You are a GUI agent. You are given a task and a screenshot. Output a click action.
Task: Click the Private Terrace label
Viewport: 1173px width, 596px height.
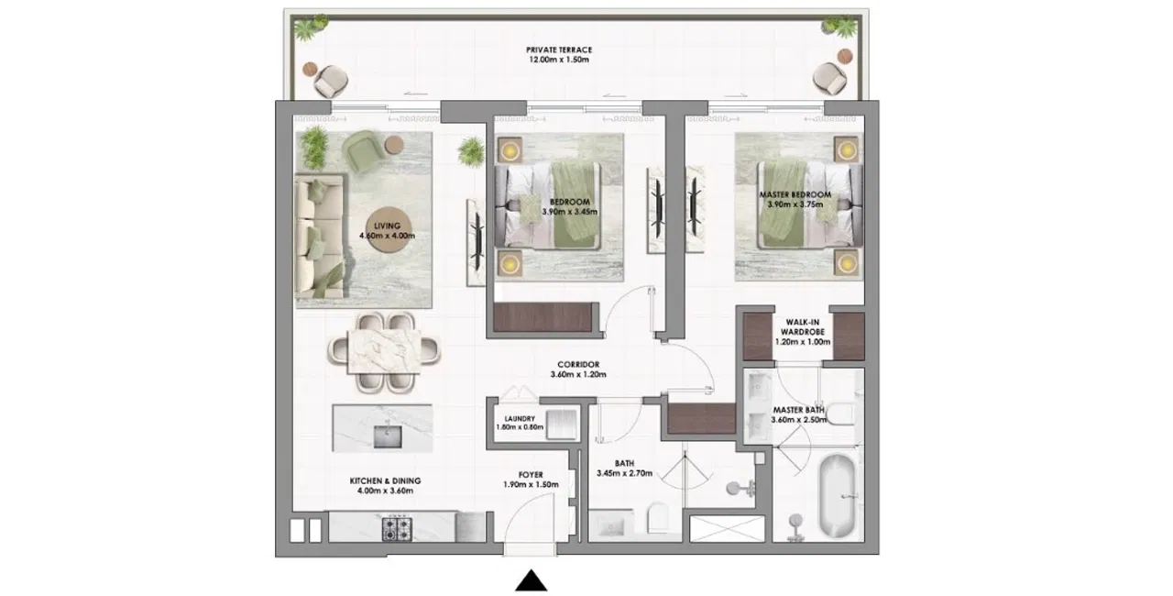coord(559,50)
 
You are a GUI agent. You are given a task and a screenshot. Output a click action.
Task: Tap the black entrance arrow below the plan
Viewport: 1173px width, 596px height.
coord(532,580)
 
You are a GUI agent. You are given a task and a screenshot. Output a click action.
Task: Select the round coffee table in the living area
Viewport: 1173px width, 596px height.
coord(388,231)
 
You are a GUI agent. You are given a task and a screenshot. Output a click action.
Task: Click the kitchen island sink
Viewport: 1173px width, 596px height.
coord(388,436)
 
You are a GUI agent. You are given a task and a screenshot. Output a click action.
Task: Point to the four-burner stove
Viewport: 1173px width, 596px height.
coord(397,528)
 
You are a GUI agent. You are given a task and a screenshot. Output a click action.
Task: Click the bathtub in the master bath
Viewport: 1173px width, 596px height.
coord(837,495)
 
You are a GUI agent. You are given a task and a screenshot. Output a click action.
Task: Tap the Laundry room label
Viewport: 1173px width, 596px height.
coord(520,418)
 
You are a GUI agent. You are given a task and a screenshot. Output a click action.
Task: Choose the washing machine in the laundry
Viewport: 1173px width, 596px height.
coord(561,425)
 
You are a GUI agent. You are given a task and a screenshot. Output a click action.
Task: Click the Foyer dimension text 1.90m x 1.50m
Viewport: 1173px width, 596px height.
coord(531,485)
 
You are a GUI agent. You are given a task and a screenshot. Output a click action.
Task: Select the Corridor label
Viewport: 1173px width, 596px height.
coord(578,365)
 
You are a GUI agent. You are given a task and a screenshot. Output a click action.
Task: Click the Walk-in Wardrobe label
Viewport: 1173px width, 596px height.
coord(802,327)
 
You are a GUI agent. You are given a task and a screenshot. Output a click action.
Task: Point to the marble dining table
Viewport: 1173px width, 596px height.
coord(384,351)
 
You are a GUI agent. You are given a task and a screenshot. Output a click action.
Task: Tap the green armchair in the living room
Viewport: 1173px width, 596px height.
coord(362,149)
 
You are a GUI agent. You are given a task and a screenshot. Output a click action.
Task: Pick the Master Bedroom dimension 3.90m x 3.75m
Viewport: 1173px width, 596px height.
coord(795,204)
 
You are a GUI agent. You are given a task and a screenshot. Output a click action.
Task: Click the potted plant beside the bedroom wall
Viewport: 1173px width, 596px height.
coord(471,152)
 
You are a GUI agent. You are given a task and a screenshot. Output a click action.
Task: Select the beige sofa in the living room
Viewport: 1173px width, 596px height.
coord(320,236)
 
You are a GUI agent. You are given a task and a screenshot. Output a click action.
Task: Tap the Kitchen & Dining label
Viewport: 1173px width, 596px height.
coord(385,480)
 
